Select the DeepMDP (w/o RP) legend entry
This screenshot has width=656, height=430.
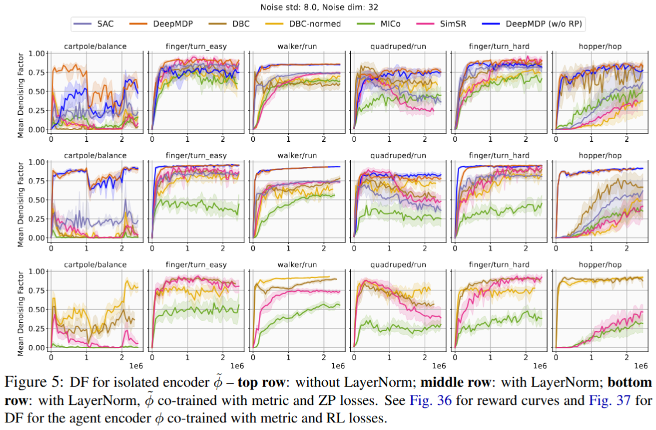[x=544, y=24]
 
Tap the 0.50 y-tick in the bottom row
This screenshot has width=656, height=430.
[x=38, y=309]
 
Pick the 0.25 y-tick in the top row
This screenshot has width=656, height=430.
[x=38, y=110]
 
